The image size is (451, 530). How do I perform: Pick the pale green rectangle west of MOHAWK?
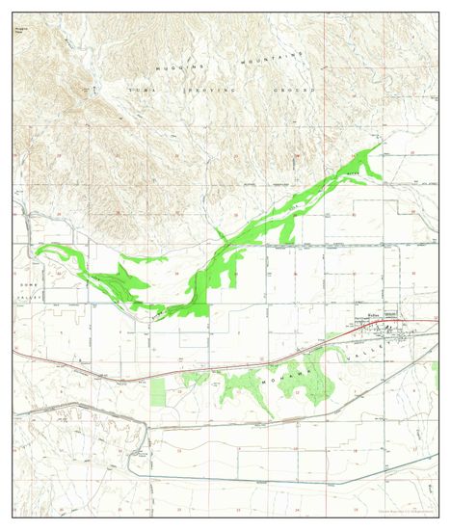158,391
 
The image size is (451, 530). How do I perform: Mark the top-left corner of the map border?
13,13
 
